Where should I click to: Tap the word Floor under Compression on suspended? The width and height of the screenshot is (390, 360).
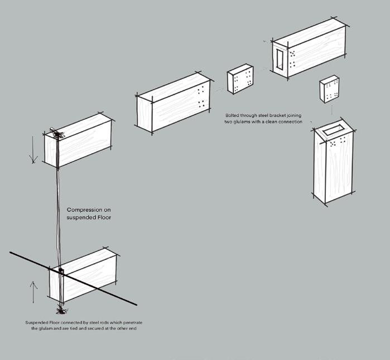(x=102, y=217)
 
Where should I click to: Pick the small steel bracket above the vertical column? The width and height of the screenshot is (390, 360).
(x=330, y=89)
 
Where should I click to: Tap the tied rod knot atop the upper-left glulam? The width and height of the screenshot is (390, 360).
(x=57, y=134)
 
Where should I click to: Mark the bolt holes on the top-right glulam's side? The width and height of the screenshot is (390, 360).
(x=292, y=59)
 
